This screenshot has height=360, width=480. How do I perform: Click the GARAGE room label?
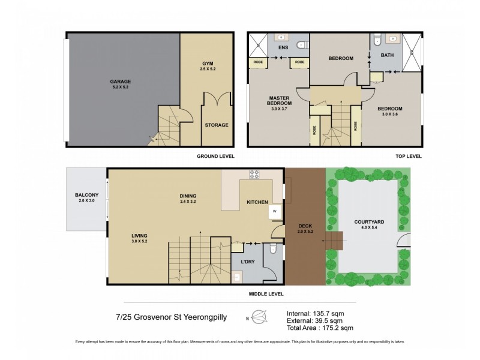(x=120, y=81)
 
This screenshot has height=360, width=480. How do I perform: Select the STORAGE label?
(x=216, y=125)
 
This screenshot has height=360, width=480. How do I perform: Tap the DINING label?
(x=188, y=196)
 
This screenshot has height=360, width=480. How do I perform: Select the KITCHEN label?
(x=258, y=203)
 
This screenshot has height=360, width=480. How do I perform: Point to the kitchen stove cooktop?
(x=254, y=175)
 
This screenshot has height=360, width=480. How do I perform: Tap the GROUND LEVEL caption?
(x=215, y=157)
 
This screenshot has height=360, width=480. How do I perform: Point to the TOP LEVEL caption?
(x=409, y=157)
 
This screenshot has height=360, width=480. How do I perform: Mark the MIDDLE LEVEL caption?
(x=266, y=294)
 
